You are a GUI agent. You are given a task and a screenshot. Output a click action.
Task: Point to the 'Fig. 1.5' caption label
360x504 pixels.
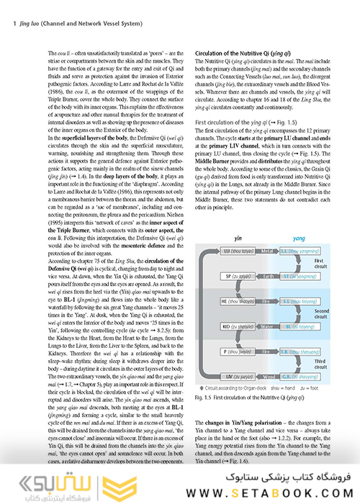(x=203, y=397)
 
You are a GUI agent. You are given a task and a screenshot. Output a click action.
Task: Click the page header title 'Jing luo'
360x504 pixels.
(x=20, y=22)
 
